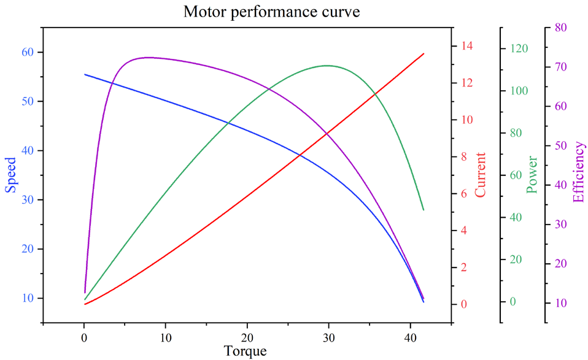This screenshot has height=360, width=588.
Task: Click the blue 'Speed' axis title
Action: (x=12, y=175)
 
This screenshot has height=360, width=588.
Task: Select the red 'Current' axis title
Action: (x=480, y=175)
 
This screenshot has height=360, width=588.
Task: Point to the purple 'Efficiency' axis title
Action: (x=578, y=171)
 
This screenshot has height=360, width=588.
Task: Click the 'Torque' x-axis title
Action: (x=246, y=351)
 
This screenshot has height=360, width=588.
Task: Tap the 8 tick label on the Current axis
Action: (x=464, y=157)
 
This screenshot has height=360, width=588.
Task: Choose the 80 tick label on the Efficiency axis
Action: (x=560, y=28)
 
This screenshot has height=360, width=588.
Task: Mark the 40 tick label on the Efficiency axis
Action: (x=560, y=185)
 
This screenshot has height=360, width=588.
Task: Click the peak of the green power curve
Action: (x=327, y=65)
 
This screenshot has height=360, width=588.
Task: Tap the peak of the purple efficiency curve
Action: (x=148, y=57)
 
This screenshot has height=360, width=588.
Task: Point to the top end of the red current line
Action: (x=424, y=53)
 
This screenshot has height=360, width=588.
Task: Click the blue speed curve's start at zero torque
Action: (x=85, y=74)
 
